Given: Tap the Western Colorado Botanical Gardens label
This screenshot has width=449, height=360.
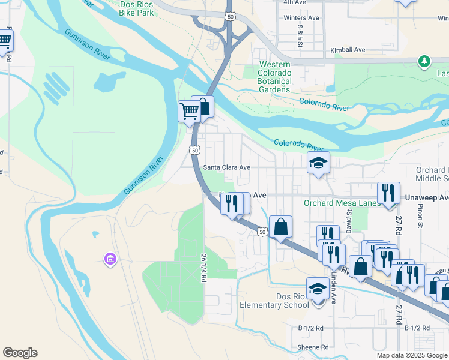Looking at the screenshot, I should (275, 77).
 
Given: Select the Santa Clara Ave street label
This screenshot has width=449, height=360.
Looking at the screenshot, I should (226, 167).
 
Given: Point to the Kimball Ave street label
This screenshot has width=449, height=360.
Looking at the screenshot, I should (348, 50).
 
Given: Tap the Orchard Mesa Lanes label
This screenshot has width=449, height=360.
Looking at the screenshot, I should (342, 203).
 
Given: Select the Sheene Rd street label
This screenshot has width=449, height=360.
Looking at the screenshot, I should (313, 347).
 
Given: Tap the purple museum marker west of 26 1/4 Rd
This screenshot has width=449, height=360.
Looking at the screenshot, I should (110, 259).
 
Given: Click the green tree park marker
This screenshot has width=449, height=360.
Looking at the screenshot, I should (424, 61).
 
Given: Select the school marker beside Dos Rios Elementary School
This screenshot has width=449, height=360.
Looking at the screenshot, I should (318, 289).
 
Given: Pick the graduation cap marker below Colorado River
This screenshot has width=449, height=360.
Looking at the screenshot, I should (318, 163).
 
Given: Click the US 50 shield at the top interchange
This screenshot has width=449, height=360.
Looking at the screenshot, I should (231, 17).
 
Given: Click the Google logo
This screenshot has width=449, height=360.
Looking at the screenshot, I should (20, 353).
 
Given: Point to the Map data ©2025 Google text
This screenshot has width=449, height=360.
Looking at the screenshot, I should (411, 355).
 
